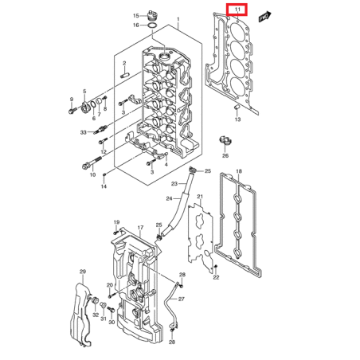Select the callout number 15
[x=136, y=15]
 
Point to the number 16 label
[x=136, y=25]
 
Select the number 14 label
[x=103, y=187]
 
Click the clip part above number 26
[x=225, y=142]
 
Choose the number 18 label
[x=239, y=172]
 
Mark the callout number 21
[x=201, y=197]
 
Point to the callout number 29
[x=81, y=272]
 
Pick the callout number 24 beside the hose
[x=169, y=198]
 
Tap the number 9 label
[x=71, y=100]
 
